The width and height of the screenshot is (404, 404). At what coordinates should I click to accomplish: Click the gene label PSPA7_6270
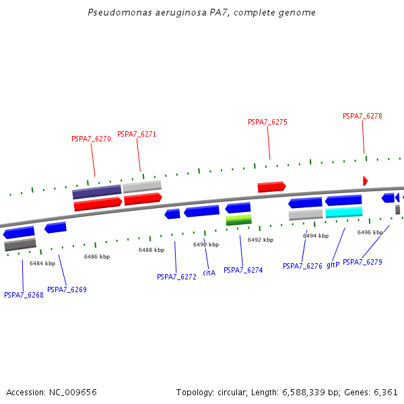[x=91, y=139]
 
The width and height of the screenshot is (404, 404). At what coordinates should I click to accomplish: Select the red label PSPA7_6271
[x=137, y=134]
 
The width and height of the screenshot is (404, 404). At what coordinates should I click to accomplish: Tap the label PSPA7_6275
[x=267, y=122]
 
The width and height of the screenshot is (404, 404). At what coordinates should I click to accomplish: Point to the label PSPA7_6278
[x=362, y=116]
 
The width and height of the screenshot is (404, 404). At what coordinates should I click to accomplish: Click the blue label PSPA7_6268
[x=24, y=295]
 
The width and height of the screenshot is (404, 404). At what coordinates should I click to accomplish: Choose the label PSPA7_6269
[x=67, y=290]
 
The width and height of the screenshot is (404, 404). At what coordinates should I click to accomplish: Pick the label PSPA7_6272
[x=176, y=277]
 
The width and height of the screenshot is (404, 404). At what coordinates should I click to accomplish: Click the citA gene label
[x=209, y=273]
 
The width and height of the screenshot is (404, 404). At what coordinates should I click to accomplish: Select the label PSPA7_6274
[x=243, y=270]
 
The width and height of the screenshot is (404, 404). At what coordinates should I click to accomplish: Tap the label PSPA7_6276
[x=302, y=266]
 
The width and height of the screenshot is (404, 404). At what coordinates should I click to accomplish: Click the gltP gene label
[x=333, y=265]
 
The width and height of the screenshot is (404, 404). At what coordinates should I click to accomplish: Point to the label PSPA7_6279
[x=362, y=262]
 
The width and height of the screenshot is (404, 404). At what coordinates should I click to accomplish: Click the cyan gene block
[x=343, y=213]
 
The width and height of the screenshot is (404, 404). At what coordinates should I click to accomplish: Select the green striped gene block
[x=238, y=220]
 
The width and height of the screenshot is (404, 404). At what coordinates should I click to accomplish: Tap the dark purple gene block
[x=96, y=192]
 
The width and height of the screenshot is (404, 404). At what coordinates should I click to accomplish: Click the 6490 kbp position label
[x=205, y=244]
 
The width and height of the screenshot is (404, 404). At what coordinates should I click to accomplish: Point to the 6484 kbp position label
[x=42, y=263]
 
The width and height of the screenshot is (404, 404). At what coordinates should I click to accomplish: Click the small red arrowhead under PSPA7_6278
[x=365, y=180]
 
